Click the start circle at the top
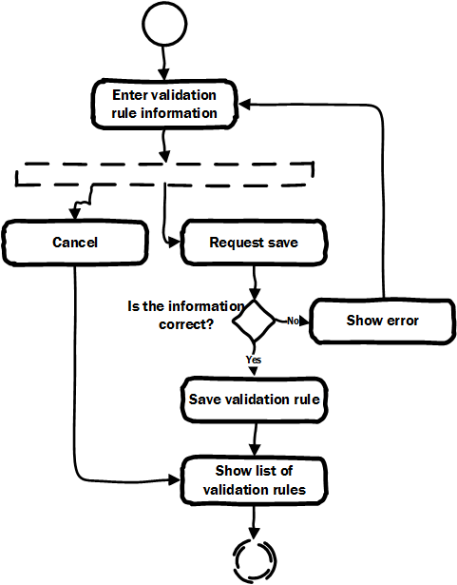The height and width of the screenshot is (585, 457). point(164,25)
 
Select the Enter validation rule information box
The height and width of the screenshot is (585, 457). point(164,105)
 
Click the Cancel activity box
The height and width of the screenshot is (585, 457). point(75,243)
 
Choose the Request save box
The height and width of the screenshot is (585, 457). point(254,243)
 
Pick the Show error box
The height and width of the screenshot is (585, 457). point(383,321)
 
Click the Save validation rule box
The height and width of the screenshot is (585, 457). point(254,400)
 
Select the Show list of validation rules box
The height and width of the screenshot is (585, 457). point(254,480)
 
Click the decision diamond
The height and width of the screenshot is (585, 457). point(254,321)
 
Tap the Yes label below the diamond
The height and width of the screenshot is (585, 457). point(254,360)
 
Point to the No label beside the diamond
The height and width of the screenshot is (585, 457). point(293,321)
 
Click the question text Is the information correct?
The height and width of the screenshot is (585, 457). point(185,315)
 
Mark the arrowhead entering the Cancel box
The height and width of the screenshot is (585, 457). point(74,214)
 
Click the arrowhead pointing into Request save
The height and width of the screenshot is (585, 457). point(175,243)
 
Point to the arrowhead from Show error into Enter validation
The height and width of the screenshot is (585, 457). point(244,105)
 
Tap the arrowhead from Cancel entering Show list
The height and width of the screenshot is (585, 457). point(175,480)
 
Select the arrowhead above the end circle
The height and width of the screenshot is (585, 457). point(254,534)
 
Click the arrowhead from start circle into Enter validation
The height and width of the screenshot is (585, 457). point(164,73)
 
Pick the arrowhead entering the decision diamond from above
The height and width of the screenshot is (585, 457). point(255,294)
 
